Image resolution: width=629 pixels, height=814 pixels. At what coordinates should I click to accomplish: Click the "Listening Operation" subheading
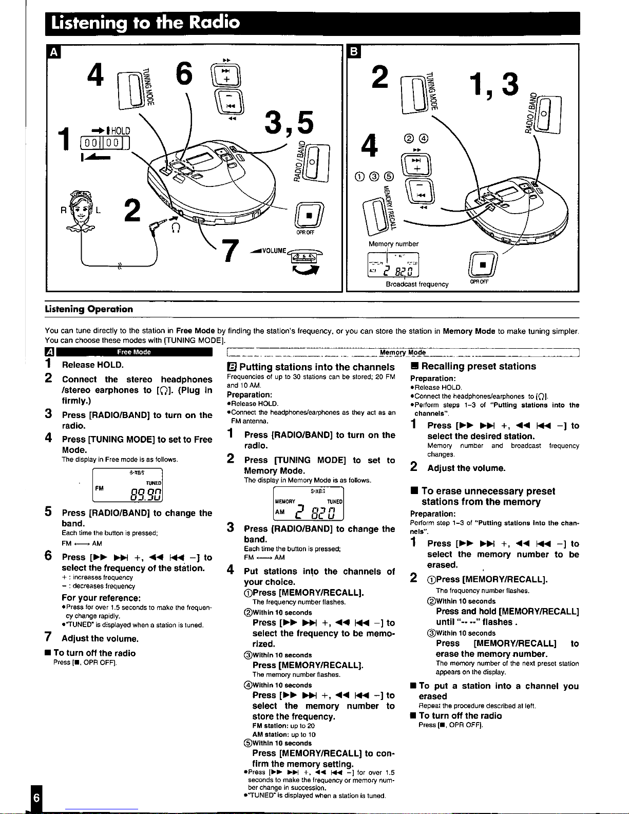coord(89,309)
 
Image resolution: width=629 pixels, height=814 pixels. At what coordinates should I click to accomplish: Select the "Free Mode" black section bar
coord(134,352)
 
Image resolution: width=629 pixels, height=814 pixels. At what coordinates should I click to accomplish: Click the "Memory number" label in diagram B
coord(393,244)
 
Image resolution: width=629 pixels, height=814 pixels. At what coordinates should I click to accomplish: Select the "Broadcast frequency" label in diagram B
coord(417,284)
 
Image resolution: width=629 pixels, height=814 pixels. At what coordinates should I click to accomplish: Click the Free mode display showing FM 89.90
coord(127,485)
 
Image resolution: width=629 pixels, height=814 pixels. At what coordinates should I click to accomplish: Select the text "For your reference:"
coord(101,598)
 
